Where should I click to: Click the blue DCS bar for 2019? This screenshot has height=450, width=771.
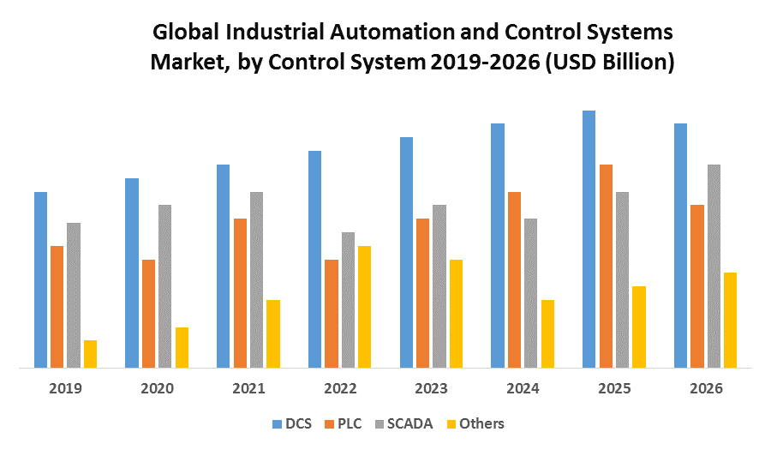click(40, 279)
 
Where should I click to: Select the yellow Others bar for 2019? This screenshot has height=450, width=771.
click(90, 354)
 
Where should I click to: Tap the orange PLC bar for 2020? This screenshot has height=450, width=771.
click(148, 314)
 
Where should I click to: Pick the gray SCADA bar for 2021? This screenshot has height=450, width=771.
click(256, 279)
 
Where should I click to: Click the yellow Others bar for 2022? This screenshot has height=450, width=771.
click(364, 307)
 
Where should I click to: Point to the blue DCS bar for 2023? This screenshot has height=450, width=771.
click(406, 252)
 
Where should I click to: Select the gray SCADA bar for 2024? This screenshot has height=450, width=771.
click(530, 293)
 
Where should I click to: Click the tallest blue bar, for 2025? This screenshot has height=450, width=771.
click(589, 239)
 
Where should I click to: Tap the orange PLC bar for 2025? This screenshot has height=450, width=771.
click(606, 266)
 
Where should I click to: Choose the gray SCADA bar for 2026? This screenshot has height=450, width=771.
click(714, 266)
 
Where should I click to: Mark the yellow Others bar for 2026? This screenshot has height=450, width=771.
click(730, 320)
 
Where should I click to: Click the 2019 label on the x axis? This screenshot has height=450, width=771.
click(65, 388)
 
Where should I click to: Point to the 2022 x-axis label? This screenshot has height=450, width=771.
click(340, 388)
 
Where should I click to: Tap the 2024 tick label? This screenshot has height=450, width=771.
click(523, 388)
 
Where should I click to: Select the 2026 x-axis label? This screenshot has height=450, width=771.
click(706, 388)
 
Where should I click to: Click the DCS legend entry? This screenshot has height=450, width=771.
click(291, 423)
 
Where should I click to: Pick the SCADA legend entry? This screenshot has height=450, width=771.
click(404, 423)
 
